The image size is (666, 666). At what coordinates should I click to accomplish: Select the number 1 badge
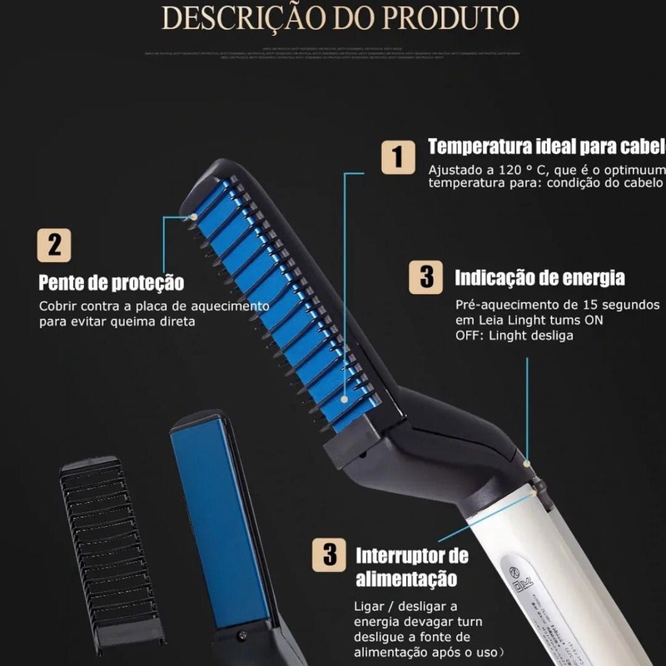[x=398, y=157]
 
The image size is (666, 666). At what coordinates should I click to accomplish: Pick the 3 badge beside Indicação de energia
[x=426, y=276]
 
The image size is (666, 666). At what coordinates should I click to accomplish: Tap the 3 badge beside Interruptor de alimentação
[x=329, y=554]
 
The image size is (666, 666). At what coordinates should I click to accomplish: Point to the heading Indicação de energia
[x=539, y=277]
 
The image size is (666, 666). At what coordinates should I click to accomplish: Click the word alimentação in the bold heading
[x=406, y=579]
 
